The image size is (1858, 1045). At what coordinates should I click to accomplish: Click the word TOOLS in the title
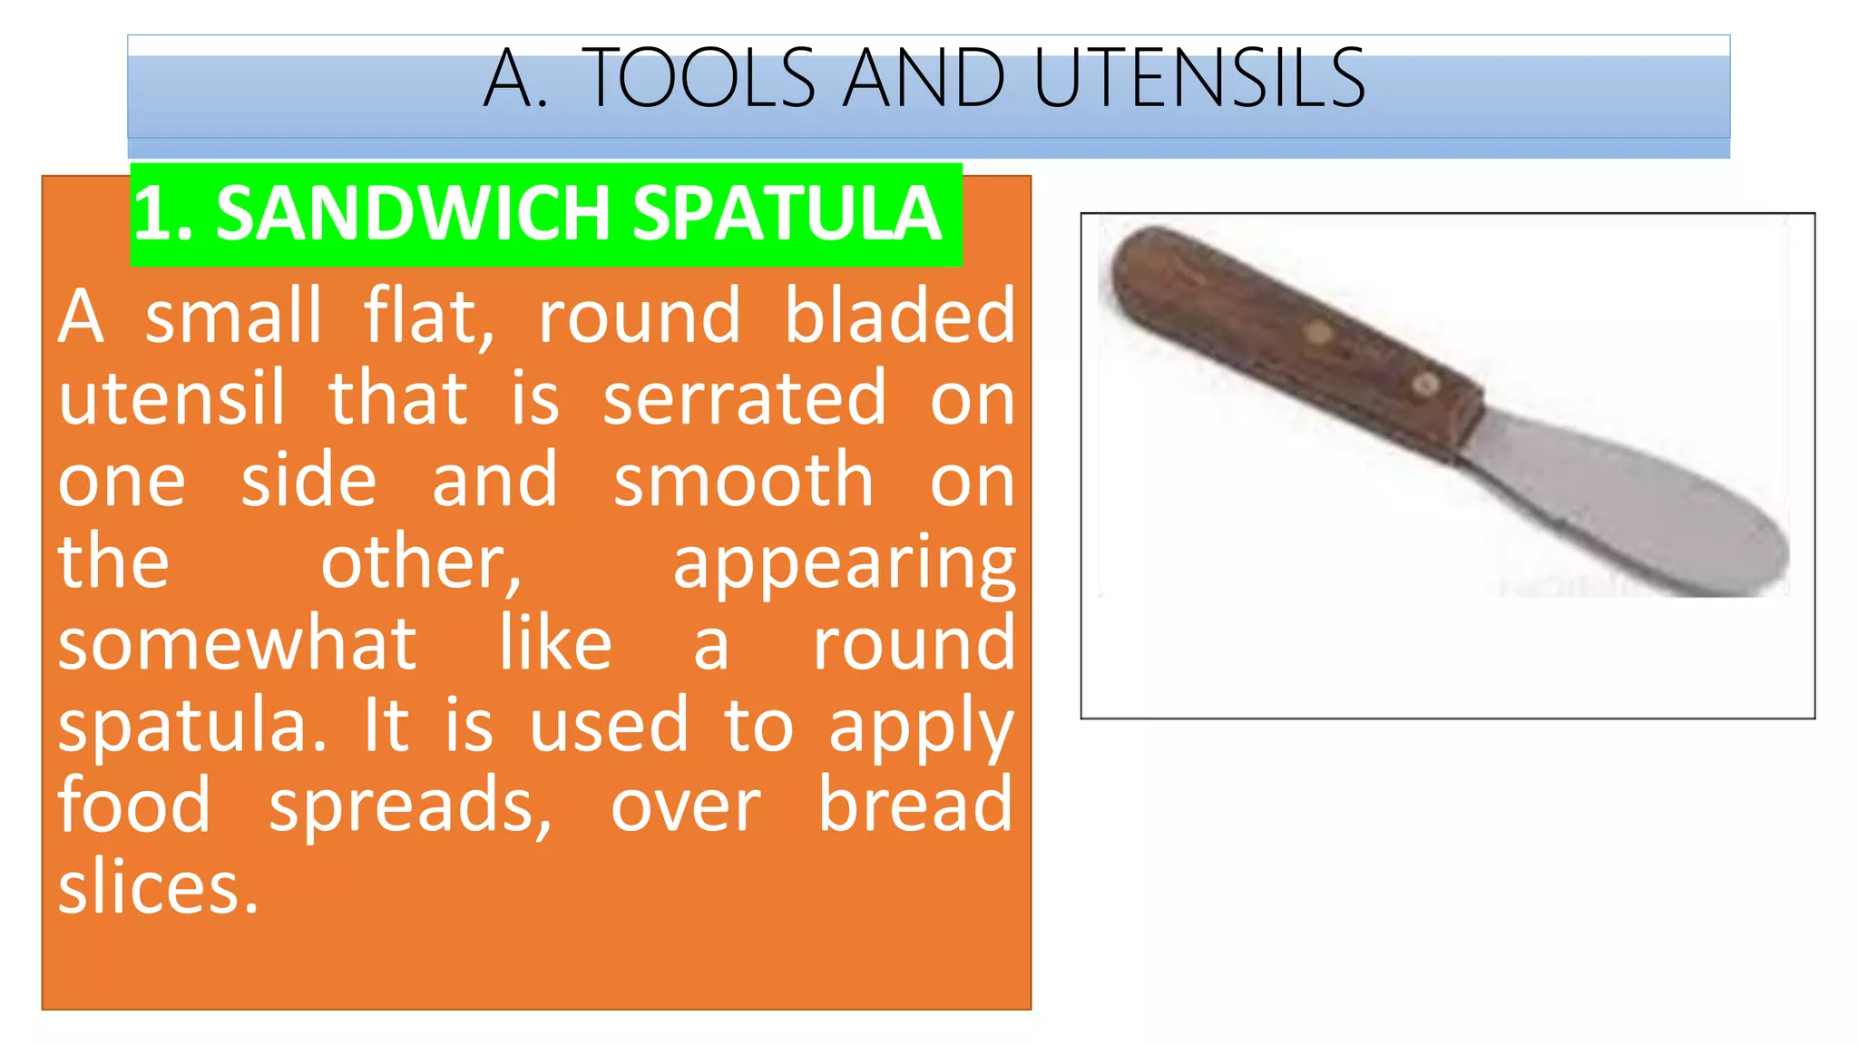(x=701, y=80)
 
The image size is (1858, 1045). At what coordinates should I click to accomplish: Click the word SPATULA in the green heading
(x=787, y=214)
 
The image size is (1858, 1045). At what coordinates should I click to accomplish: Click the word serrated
(x=744, y=399)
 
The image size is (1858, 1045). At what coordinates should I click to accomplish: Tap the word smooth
(x=743, y=481)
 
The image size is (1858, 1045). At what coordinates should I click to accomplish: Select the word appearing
(x=844, y=564)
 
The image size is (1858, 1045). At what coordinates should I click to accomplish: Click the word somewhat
(x=238, y=644)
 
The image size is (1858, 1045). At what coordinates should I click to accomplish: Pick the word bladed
(x=898, y=316)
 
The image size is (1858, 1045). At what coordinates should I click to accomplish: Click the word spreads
(x=410, y=807)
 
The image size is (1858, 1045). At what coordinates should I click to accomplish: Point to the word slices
(x=158, y=888)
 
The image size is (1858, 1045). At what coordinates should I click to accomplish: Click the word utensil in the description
(x=171, y=399)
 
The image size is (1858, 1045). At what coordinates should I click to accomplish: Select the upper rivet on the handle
(x=1318, y=333)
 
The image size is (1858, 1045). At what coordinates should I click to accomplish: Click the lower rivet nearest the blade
(x=1426, y=385)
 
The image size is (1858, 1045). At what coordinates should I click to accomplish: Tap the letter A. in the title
(x=515, y=80)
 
